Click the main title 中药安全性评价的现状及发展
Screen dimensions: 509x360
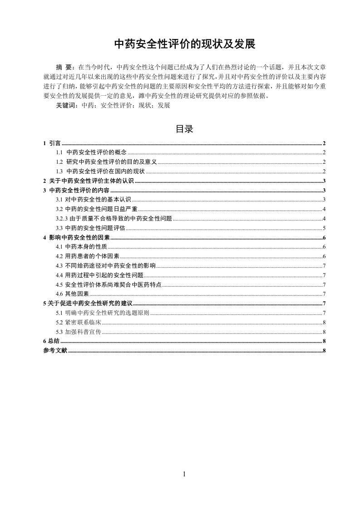(184, 44)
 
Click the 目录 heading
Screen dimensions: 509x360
(184, 129)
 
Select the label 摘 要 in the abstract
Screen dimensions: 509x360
(66, 65)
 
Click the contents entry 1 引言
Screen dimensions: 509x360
(52, 143)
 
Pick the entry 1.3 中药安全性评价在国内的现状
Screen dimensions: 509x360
(100, 171)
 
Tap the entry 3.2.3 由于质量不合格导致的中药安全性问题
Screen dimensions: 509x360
(114, 219)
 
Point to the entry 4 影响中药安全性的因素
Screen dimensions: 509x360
(76, 238)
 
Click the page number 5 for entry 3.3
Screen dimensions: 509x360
(324, 228)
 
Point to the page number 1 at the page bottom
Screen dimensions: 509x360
(184, 474)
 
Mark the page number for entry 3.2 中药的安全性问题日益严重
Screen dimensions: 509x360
(324, 209)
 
